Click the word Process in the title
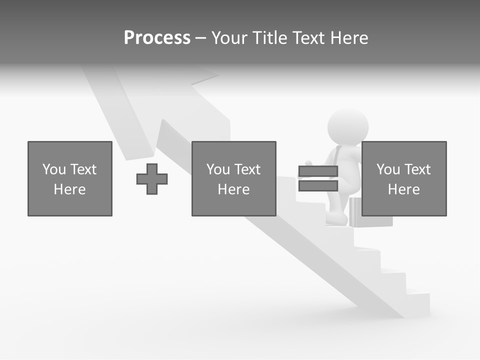[x=157, y=38]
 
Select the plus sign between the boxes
[x=152, y=179]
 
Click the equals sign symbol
[x=318, y=178]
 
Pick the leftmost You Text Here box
[x=70, y=178]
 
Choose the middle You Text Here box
[x=233, y=178]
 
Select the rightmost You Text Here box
[x=403, y=178]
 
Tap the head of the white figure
[x=348, y=127]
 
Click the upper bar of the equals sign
[x=318, y=171]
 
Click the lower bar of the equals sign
[x=318, y=186]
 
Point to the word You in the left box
[x=54, y=169]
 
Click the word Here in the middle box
[x=233, y=189]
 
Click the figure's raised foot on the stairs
[x=337, y=218]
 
